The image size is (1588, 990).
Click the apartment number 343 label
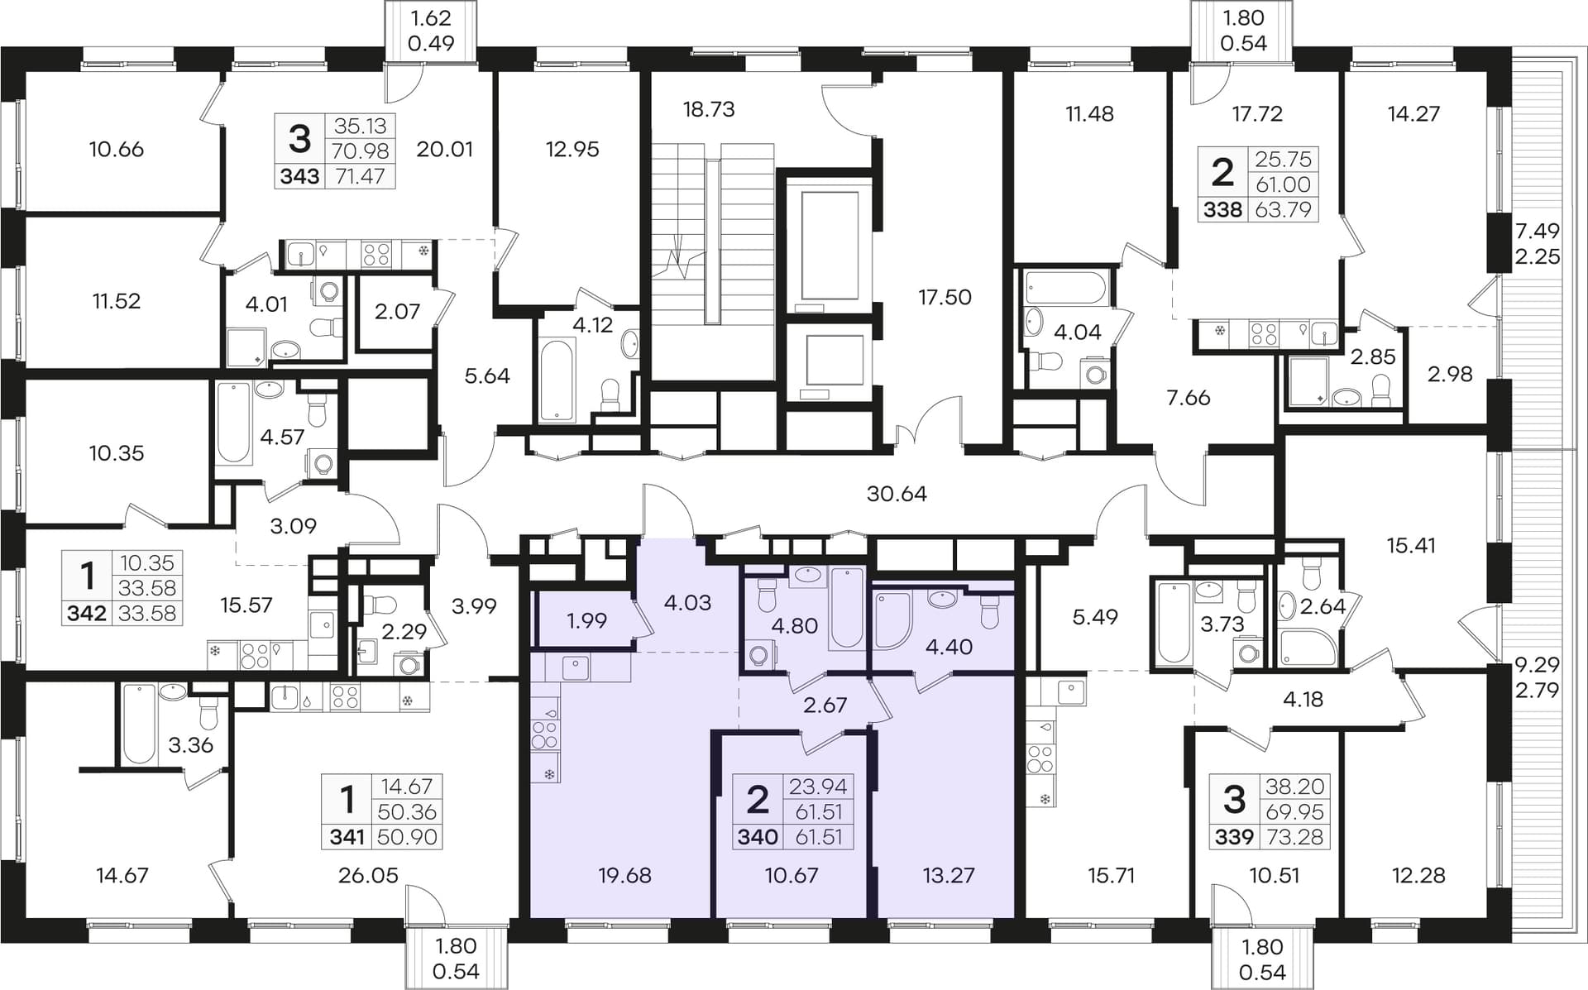(299, 176)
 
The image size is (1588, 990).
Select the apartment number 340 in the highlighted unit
(758, 837)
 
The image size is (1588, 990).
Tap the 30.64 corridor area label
(897, 494)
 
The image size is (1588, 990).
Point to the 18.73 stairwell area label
(709, 109)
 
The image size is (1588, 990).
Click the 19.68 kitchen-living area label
(624, 875)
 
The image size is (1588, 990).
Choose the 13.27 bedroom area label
(949, 875)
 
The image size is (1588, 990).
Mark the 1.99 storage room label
(587, 620)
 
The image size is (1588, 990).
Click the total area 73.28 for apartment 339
(1294, 837)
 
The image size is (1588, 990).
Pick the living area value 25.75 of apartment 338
(1283, 159)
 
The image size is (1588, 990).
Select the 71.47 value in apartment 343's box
(360, 176)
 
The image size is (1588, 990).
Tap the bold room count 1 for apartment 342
(87, 575)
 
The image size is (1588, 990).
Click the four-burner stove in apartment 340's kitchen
(545, 734)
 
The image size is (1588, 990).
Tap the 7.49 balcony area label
(1537, 231)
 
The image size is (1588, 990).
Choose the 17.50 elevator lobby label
(945, 297)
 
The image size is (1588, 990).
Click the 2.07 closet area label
(397, 312)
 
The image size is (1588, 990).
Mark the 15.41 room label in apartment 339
(1411, 546)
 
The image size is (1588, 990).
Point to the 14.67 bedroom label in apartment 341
(122, 875)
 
